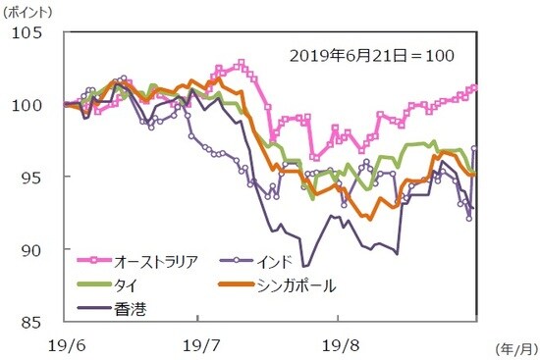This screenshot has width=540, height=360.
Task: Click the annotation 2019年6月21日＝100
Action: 371,56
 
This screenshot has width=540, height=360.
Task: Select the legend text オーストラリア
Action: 157,261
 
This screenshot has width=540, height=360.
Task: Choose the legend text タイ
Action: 126,285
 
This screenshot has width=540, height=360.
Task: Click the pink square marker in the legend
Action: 94,261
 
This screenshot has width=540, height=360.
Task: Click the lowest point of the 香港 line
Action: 305,266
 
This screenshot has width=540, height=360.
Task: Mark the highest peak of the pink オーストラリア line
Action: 241,64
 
